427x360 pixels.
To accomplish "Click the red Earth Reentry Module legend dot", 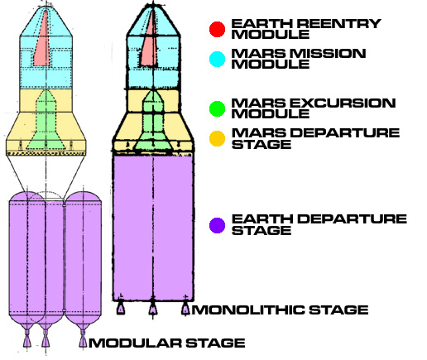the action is [217, 29].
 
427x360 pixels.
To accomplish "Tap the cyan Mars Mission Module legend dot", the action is [217, 59].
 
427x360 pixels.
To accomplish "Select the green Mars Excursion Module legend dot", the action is [217, 108].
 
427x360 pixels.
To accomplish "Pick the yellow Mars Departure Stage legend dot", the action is [217, 138].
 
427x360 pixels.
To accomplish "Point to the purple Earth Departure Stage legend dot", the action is [217, 225].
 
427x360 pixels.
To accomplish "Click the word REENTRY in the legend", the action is [339, 24].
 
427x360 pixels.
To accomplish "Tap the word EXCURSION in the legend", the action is [343, 103].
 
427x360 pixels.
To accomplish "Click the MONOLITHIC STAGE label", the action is [280, 310].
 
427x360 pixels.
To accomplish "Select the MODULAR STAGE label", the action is [167, 343].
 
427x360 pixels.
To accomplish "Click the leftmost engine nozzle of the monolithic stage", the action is [121, 308].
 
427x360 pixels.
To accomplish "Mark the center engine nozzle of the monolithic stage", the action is [153, 308].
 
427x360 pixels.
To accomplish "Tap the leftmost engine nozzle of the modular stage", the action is [27, 338].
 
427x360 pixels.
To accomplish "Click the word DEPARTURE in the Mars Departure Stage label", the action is [345, 133].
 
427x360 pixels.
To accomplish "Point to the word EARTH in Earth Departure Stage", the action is [262, 219].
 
